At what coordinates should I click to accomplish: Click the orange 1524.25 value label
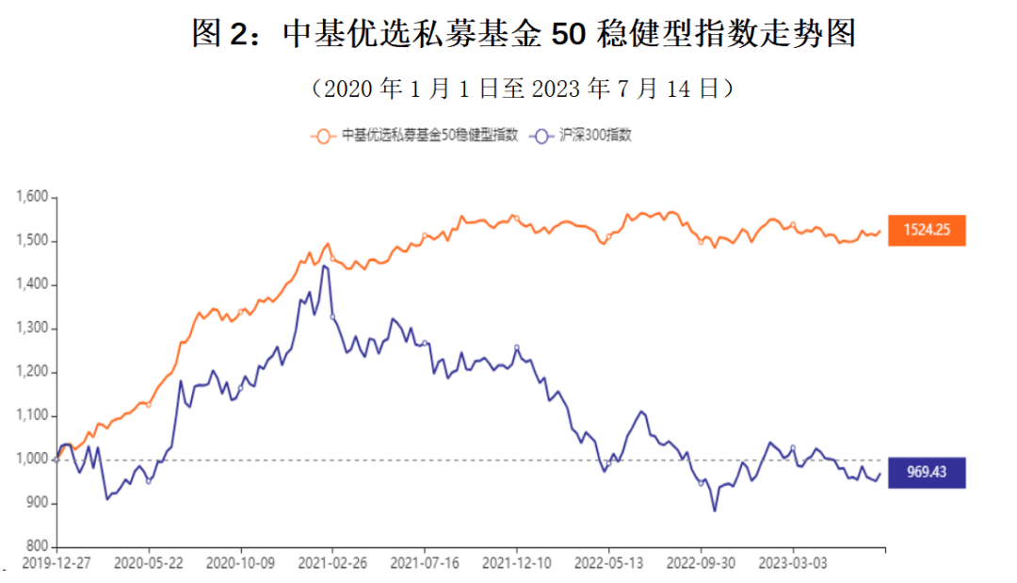pos(927,230)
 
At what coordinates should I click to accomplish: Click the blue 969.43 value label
pos(927,472)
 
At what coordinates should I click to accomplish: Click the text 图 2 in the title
pos(218,35)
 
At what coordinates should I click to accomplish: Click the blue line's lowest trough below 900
pos(714,510)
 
